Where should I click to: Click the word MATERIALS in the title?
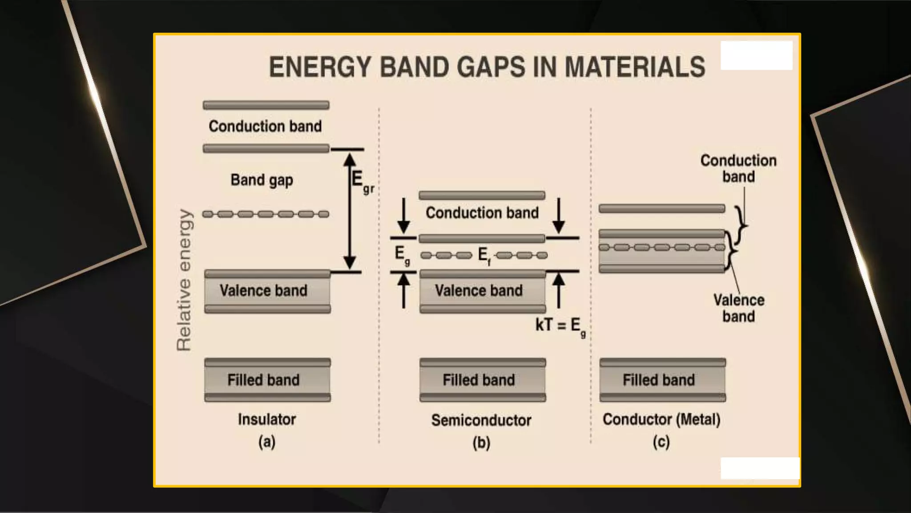[x=634, y=67]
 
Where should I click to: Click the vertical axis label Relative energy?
[x=184, y=280]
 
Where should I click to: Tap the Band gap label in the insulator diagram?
[x=262, y=180]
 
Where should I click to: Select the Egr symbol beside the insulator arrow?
[x=361, y=182]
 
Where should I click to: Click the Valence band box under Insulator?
[x=267, y=291]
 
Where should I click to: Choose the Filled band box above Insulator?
[x=267, y=380]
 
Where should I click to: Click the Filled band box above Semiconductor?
[x=482, y=380]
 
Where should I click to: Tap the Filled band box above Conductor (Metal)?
[x=662, y=380]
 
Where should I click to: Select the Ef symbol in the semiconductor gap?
[x=484, y=256]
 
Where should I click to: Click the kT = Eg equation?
[x=560, y=326]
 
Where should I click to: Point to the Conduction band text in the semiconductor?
[x=482, y=213]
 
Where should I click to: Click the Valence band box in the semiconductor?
[x=482, y=291]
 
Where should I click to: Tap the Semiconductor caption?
[x=481, y=420]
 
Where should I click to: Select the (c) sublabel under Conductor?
[x=661, y=442]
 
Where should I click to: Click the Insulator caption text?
[x=266, y=419]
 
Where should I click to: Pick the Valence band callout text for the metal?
[x=738, y=308]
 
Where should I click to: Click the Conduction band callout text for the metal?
[x=738, y=168]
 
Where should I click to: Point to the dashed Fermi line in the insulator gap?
[x=266, y=214]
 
